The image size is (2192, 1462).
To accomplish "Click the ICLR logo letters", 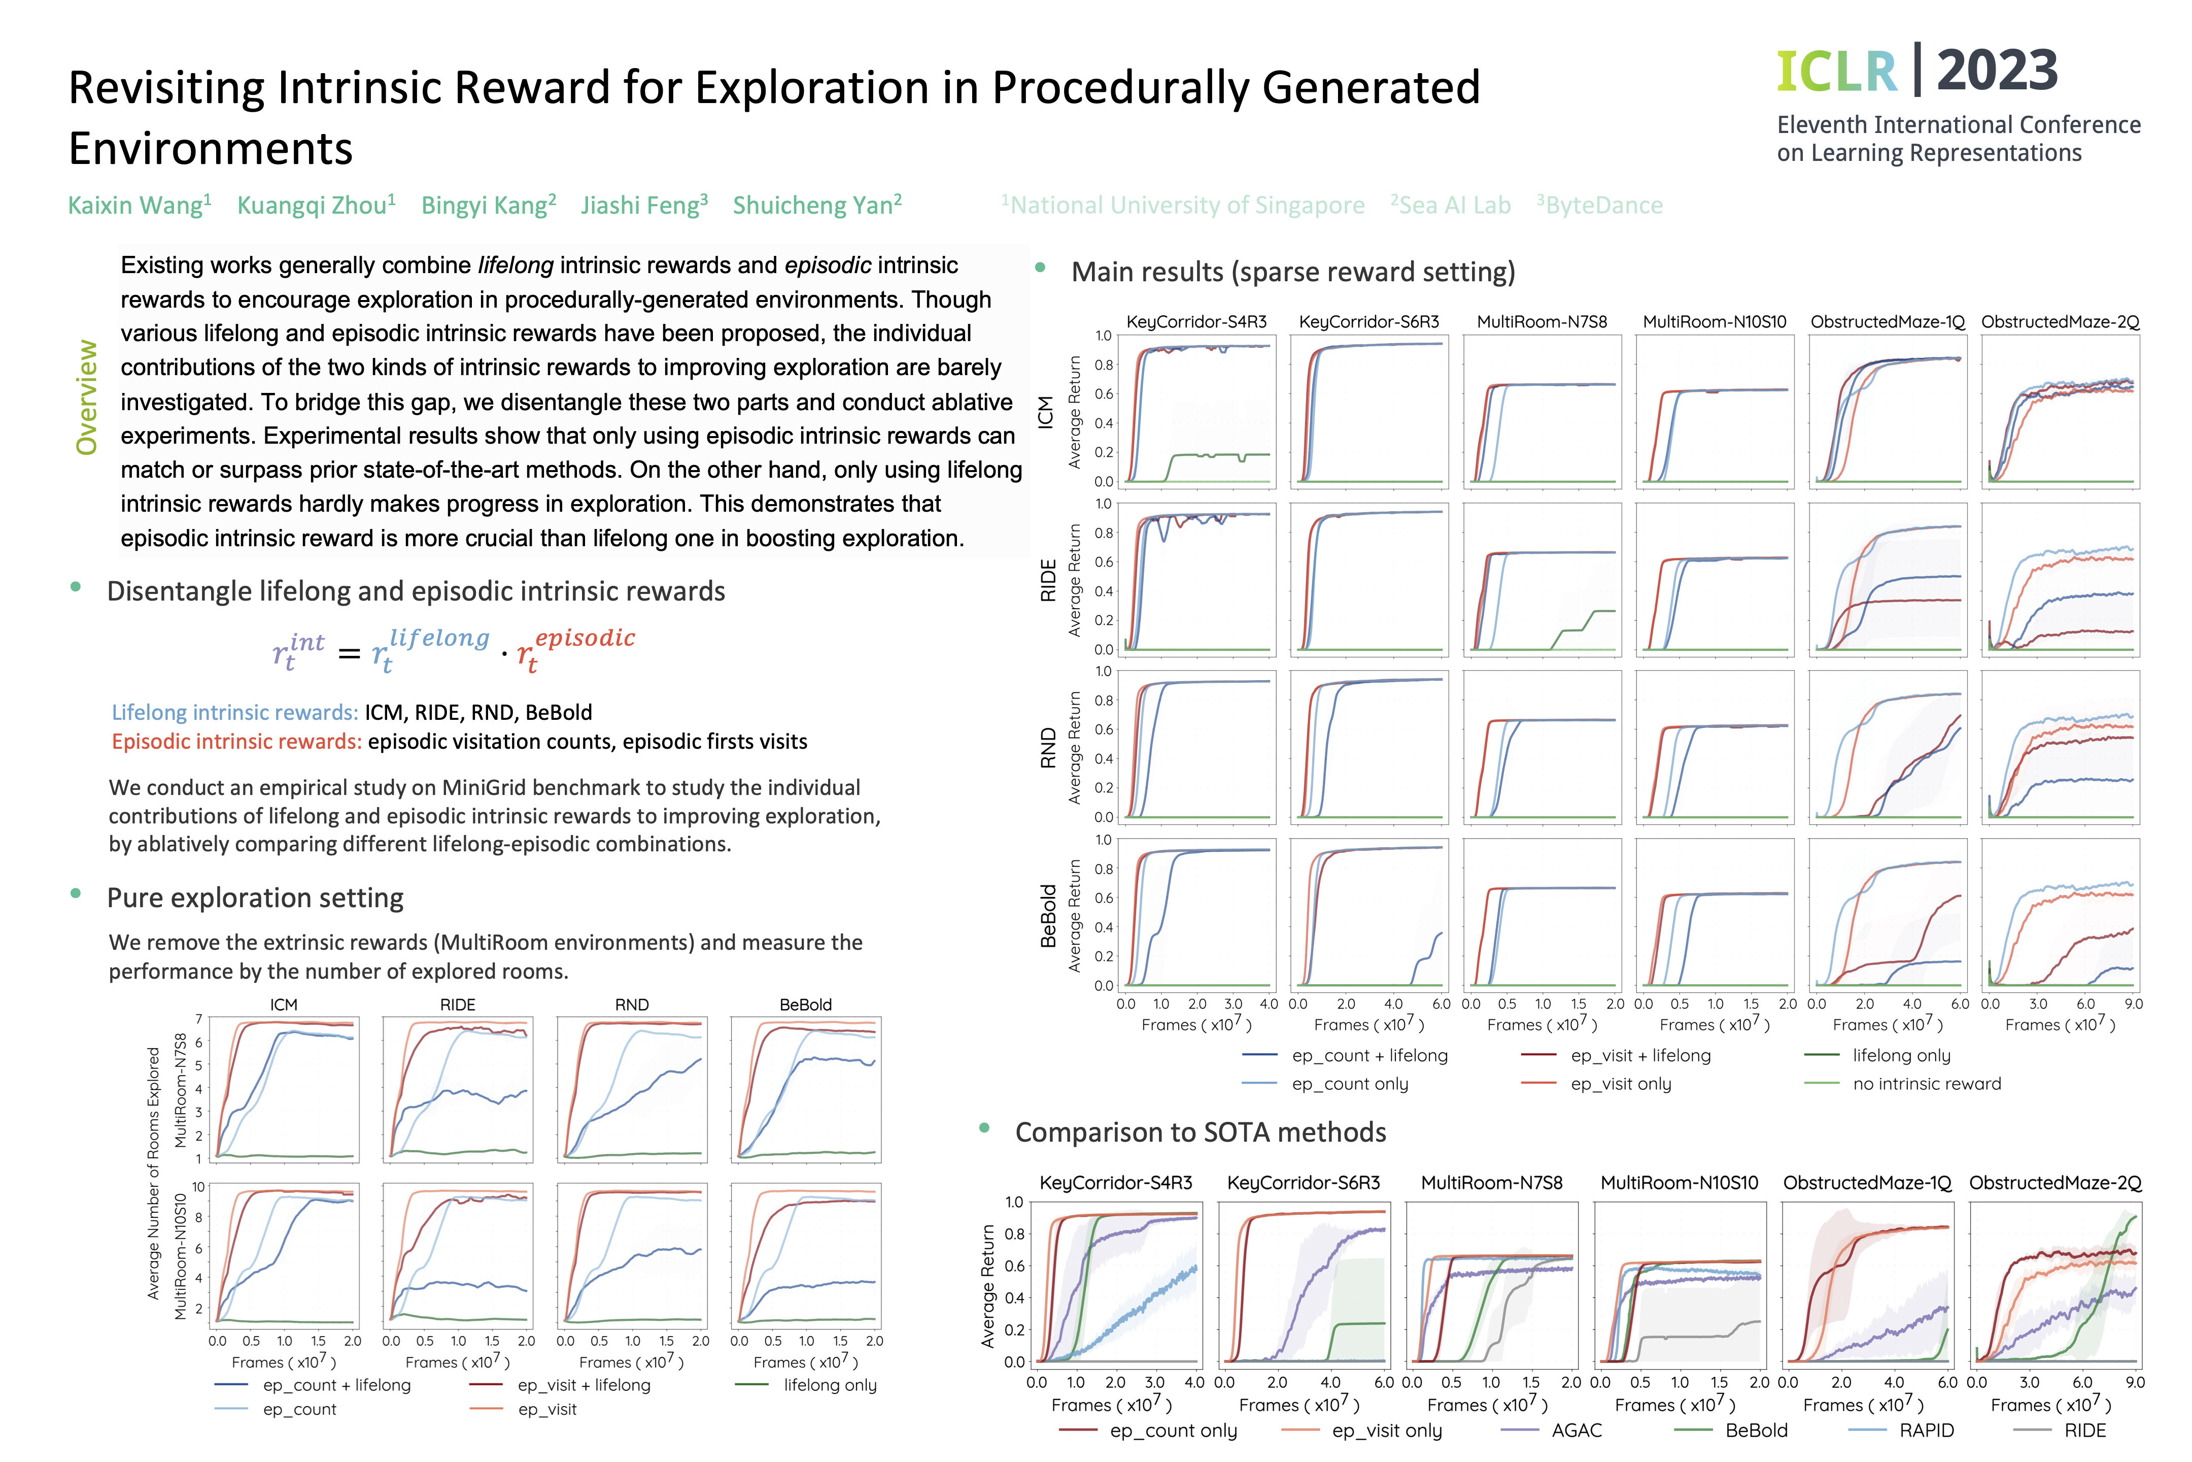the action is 1836,72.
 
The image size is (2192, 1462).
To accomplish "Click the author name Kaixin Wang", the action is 140,205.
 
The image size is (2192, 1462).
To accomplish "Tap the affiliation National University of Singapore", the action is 1184,205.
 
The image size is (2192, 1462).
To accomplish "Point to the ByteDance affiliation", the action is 1600,205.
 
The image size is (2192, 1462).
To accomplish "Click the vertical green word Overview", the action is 87,397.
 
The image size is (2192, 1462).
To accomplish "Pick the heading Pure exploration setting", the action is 255,898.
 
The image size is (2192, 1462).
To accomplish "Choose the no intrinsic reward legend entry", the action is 1903,1083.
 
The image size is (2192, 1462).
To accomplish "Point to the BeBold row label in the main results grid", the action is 1048,916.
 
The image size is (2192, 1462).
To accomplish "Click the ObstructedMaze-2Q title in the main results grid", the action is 2060,322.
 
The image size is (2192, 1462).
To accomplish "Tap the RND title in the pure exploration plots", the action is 632,1004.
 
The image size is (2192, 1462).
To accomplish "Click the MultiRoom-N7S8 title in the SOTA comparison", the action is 1491,1182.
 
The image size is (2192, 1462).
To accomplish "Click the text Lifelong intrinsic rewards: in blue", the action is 235,712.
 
